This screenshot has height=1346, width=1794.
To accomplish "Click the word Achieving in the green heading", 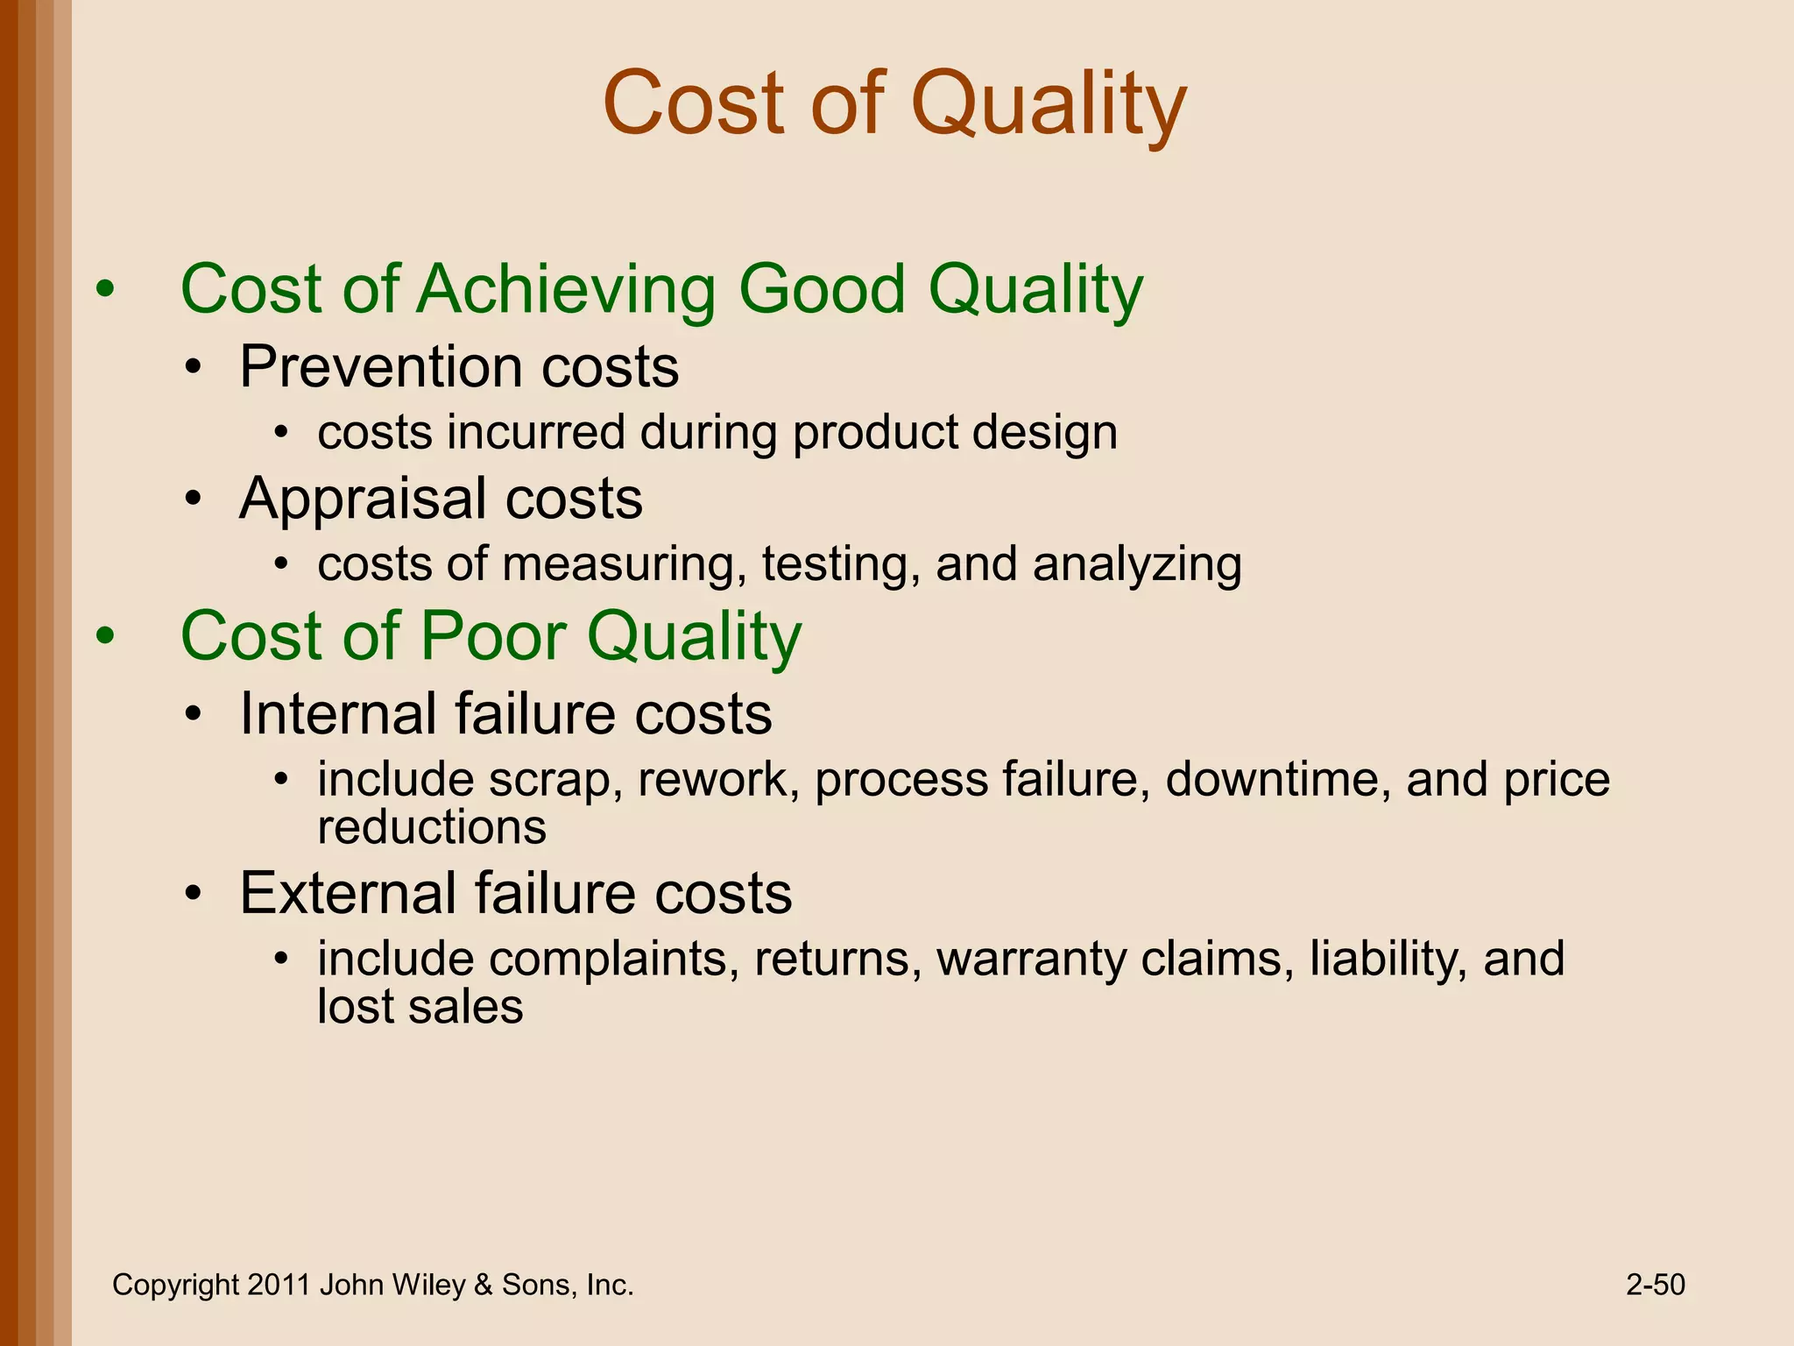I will (567, 289).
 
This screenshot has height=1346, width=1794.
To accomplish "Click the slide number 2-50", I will (1655, 1285).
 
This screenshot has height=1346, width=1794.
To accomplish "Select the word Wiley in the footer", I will (428, 1285).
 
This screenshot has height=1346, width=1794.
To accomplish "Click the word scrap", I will (549, 780).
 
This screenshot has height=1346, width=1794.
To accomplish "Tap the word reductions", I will (432, 827).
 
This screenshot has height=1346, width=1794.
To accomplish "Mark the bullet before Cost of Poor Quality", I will (105, 637).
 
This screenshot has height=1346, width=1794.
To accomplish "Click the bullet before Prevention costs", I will (194, 368).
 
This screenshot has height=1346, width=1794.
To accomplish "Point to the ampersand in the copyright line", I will (483, 1285).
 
